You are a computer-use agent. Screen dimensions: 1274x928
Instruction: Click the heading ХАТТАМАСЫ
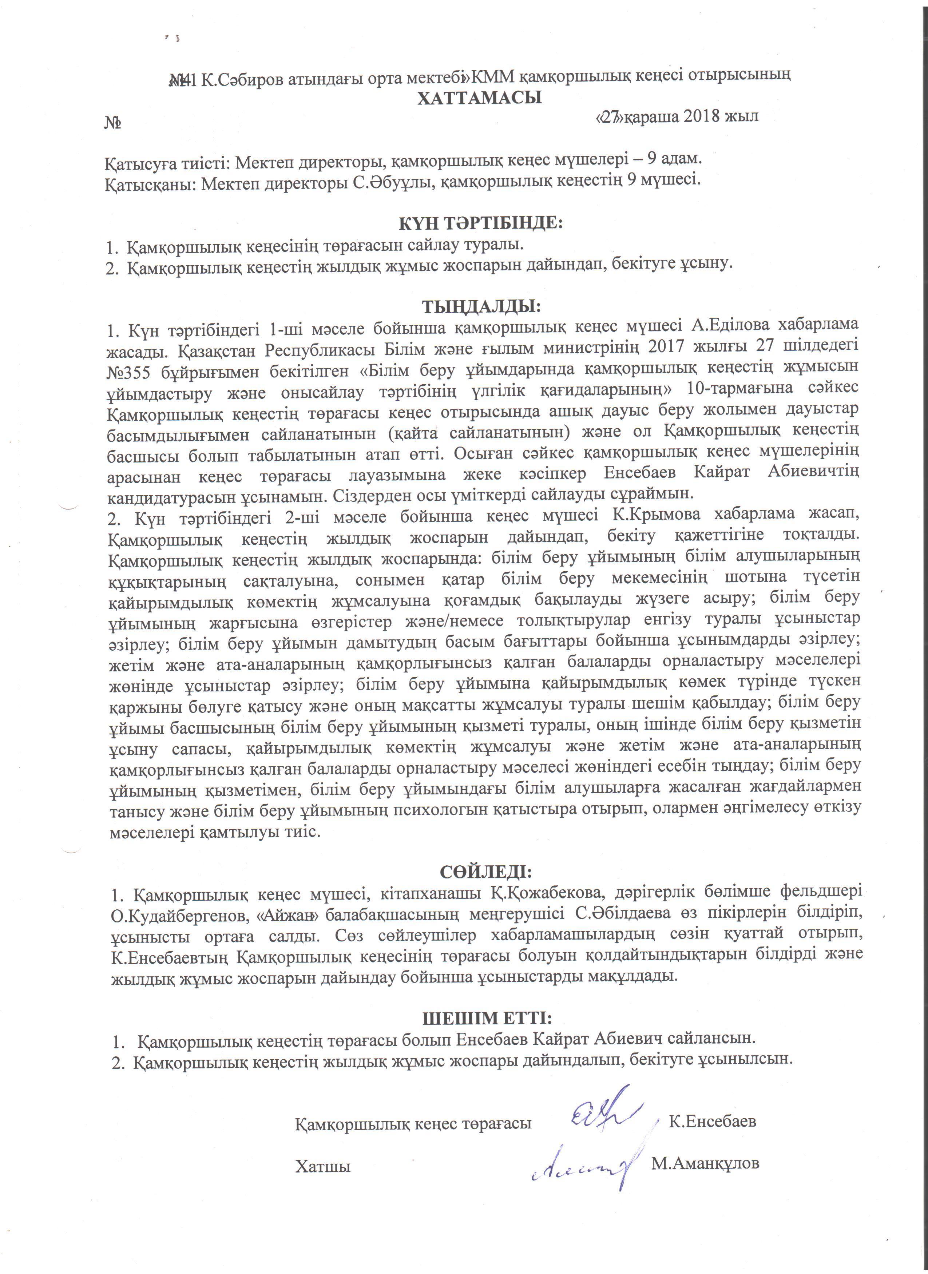[479, 98]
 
